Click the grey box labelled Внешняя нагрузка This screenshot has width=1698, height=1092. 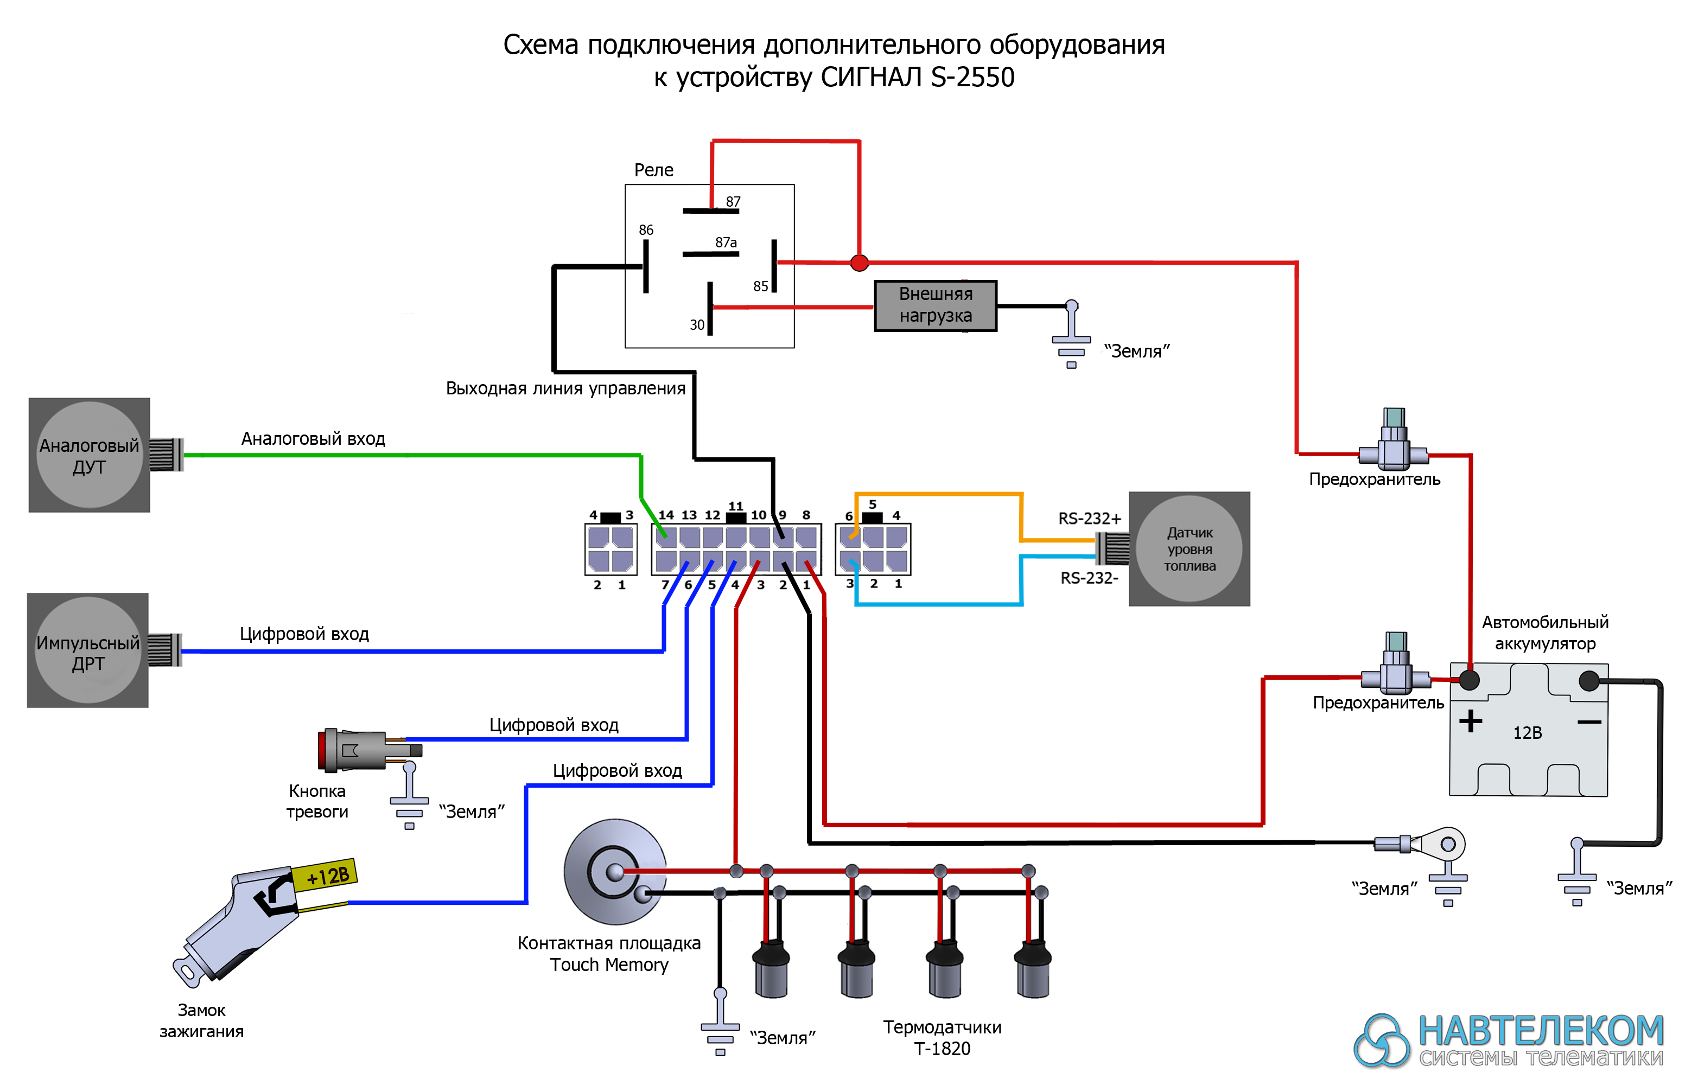[935, 305]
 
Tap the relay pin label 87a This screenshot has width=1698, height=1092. [726, 242]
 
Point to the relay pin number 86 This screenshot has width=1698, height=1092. [645, 230]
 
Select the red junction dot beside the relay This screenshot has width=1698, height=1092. [859, 263]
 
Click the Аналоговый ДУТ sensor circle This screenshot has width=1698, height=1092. [90, 455]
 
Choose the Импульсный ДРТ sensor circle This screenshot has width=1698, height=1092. [88, 651]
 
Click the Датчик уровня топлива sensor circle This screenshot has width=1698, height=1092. [1189, 549]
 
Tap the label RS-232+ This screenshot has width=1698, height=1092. [1089, 519]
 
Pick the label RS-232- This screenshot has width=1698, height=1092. [1089, 578]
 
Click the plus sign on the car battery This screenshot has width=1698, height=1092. [1470, 721]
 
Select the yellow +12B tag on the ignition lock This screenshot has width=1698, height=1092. [326, 875]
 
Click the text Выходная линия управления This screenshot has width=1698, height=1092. [565, 388]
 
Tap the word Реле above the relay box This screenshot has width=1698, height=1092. [653, 170]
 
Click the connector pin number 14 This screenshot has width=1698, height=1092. [665, 515]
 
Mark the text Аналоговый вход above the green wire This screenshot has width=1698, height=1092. [313, 439]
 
